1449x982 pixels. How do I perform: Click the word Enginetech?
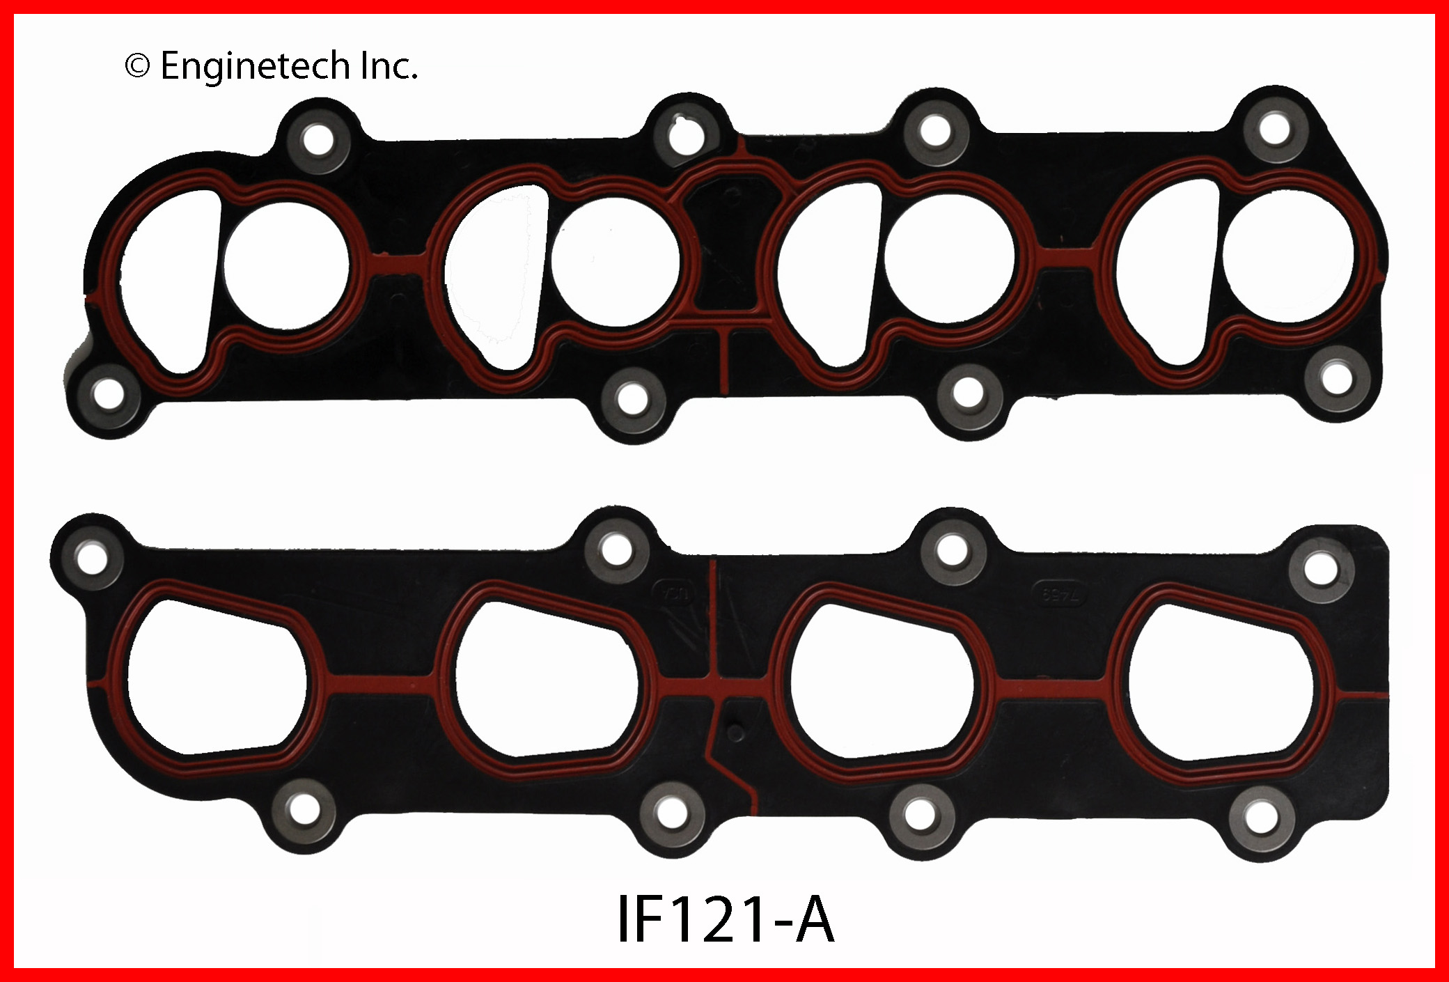tap(255, 68)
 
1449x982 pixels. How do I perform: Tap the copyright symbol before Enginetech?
tap(137, 67)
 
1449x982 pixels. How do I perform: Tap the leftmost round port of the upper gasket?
tap(286, 267)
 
